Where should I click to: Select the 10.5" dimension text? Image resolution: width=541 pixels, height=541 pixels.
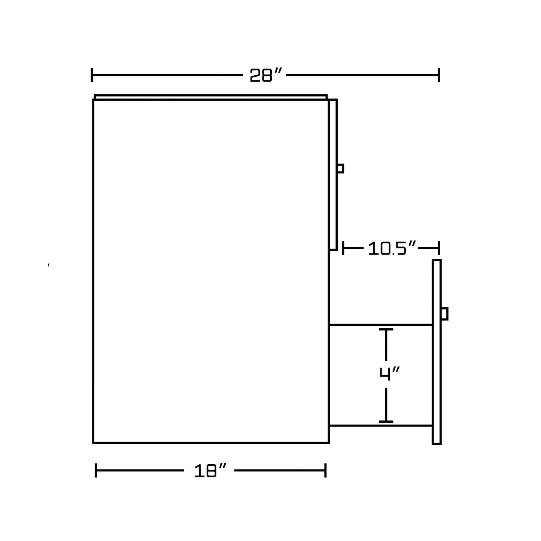392,249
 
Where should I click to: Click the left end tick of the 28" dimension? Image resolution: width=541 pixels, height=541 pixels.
92,75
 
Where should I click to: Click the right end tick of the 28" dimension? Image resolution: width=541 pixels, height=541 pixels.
439,75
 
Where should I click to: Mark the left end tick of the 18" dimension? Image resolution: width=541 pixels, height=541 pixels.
96,470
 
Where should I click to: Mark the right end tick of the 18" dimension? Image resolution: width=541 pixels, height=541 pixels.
326,470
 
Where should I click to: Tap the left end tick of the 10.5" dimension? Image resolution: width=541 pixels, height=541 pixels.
343,248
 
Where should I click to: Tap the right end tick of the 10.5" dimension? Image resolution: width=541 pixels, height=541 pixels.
438,248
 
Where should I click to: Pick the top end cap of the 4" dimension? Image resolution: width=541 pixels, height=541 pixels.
386,329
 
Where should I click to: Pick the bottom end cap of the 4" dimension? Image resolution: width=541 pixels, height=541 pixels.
386,422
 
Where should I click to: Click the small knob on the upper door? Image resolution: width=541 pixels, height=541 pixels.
340,168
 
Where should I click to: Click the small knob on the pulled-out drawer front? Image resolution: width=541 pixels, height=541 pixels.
444,314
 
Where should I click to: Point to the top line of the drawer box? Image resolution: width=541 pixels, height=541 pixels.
380,325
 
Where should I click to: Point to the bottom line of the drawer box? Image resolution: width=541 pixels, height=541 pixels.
380,426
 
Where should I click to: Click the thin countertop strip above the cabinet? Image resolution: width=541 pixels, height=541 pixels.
211,97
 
